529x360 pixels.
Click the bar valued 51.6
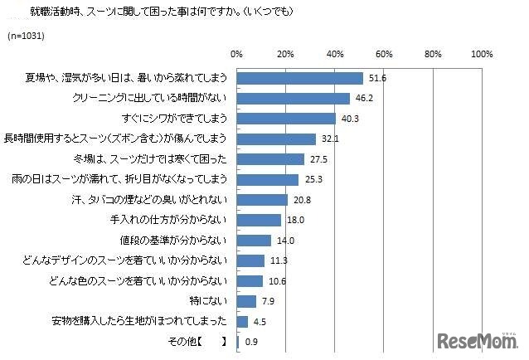(299, 79)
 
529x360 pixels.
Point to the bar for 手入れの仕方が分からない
(259, 220)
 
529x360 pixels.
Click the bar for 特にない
(246, 300)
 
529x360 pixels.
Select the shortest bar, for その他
(238, 341)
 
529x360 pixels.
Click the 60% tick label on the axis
(384, 54)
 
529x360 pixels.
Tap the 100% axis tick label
(482, 54)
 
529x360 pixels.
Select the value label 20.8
(303, 200)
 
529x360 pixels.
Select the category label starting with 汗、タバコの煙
(150, 200)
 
